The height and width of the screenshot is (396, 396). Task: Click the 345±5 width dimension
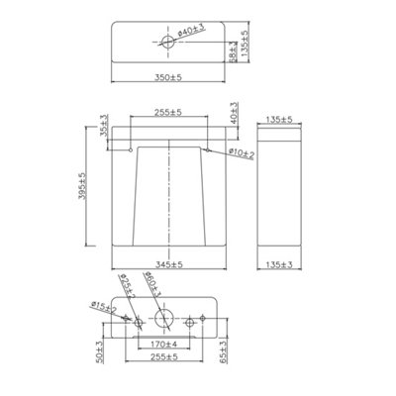(x=170, y=264)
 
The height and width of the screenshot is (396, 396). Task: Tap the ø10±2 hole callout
(x=241, y=153)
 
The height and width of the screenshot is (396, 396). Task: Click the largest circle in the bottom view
(x=165, y=319)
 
